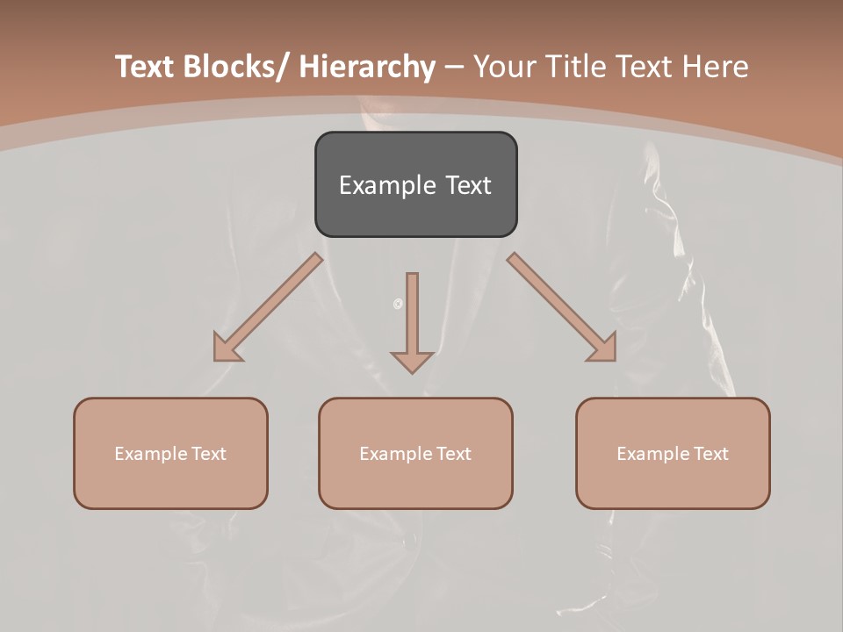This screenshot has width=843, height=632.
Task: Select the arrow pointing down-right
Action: pyautogui.click(x=561, y=306)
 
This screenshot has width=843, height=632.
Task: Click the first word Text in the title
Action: pyautogui.click(x=146, y=67)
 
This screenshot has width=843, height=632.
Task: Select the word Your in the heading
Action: pyautogui.click(x=504, y=67)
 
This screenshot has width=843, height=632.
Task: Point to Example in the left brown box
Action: pyautogui.click(x=150, y=454)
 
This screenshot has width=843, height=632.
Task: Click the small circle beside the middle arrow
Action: pyautogui.click(x=398, y=304)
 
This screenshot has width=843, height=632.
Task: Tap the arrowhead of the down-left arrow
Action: pyautogui.click(x=227, y=349)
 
